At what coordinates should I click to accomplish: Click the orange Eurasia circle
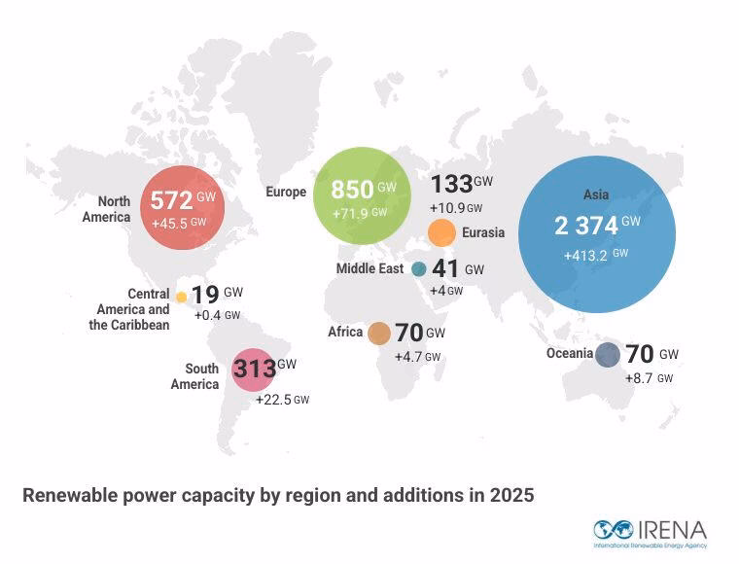point(441,233)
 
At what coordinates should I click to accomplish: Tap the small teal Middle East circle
point(419,269)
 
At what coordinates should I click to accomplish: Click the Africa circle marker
point(379,334)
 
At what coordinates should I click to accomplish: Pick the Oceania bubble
point(608,355)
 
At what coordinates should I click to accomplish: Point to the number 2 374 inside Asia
point(586,226)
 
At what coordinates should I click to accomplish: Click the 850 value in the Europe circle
point(352,190)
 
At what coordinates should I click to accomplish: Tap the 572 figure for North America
point(171,201)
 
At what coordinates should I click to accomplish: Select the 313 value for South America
point(254,370)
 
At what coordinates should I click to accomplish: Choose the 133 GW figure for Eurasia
point(451,184)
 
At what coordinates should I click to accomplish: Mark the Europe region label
point(286,193)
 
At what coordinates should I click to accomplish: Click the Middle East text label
point(369,269)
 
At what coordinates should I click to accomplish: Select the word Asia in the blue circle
point(596,195)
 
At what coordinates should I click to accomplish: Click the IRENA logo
point(650,531)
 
